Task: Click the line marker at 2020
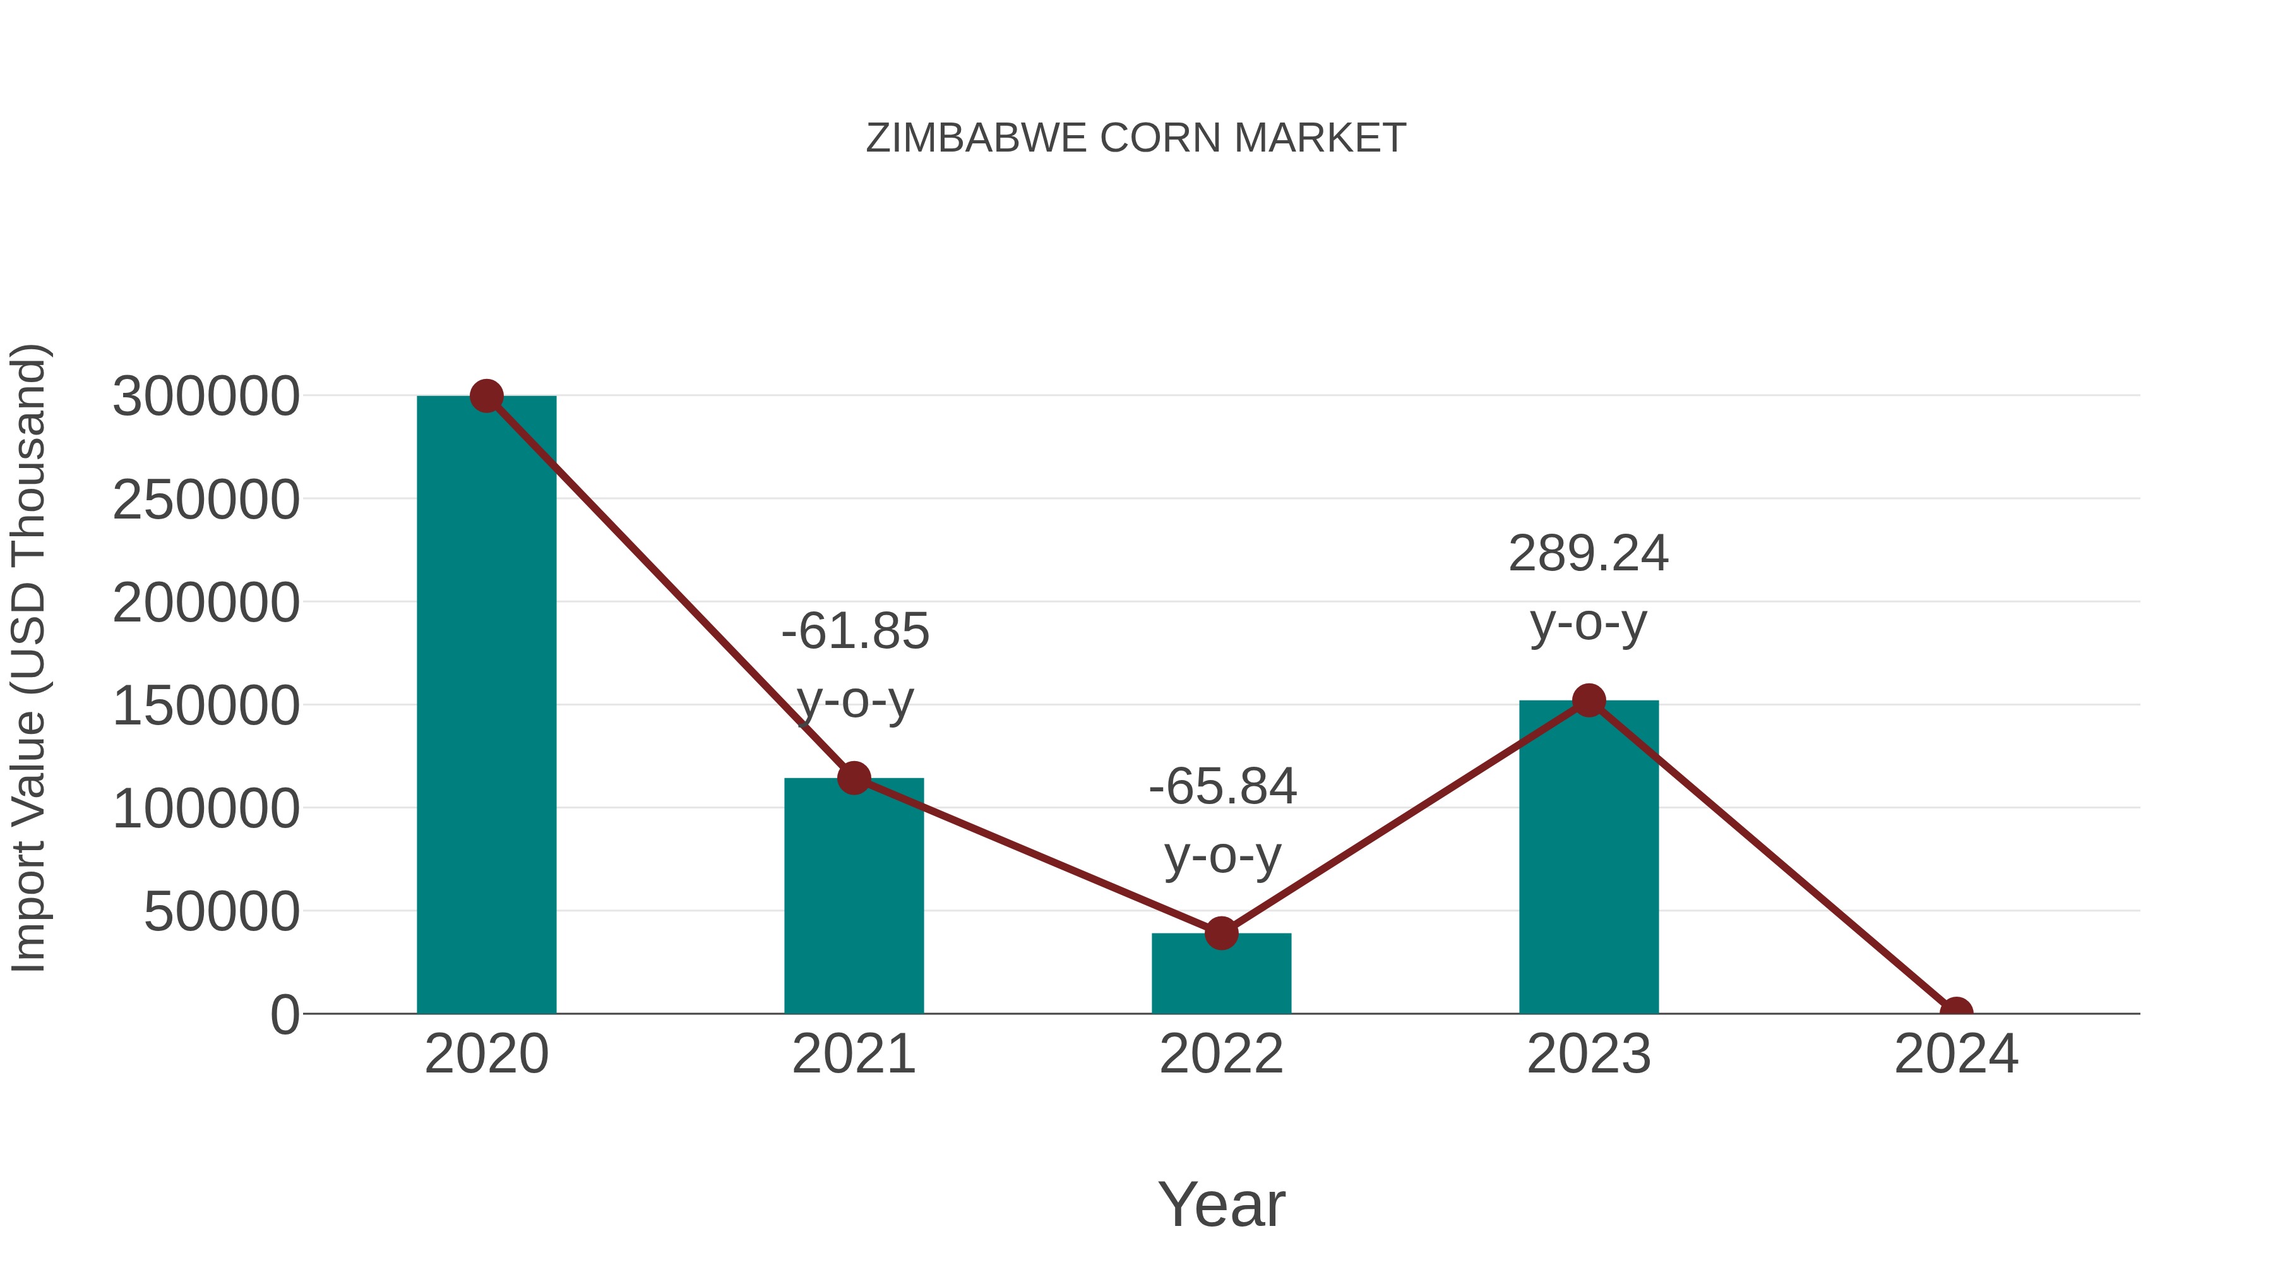point(486,396)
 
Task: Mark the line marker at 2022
point(1221,933)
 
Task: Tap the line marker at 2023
point(1589,701)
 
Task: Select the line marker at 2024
point(1955,1012)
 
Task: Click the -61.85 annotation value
point(855,632)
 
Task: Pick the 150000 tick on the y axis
point(206,706)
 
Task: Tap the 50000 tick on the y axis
point(222,912)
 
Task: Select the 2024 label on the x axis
point(1955,1054)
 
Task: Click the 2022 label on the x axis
point(1221,1054)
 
